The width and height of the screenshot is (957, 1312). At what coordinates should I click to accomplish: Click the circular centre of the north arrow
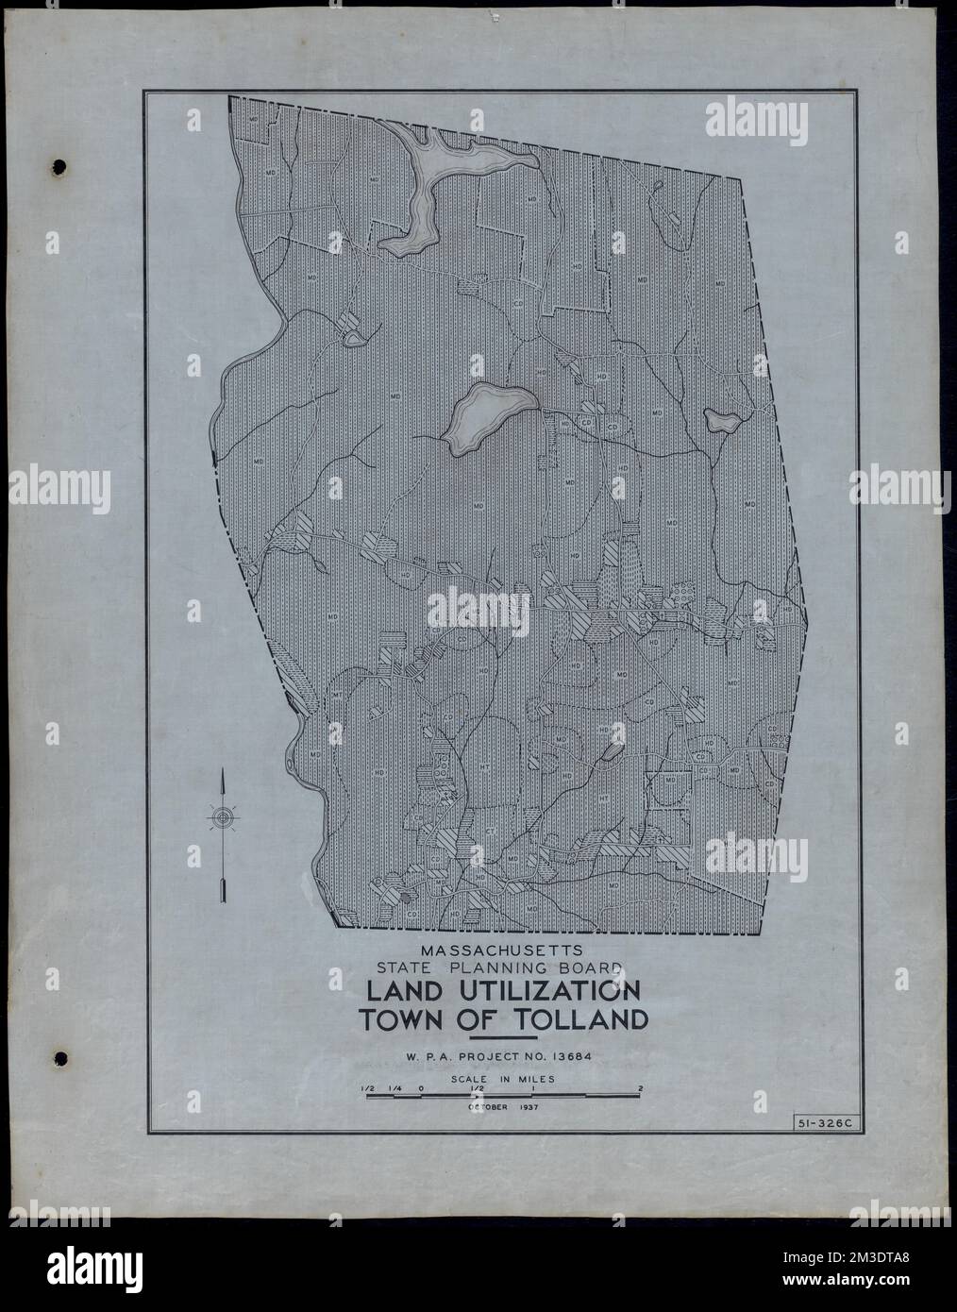223,818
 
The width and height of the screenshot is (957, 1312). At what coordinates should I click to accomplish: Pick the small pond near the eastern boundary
722,422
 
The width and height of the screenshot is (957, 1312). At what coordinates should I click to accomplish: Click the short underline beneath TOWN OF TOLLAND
503,1038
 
